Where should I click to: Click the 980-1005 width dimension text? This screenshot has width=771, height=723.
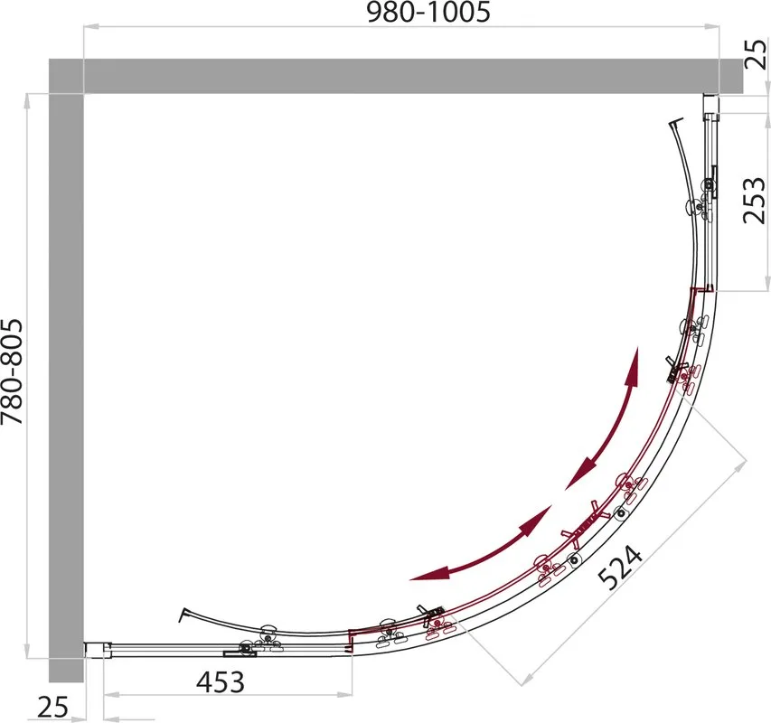tap(428, 13)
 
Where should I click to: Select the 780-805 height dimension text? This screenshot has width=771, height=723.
tap(12, 372)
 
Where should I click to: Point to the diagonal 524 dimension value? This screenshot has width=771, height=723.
tap(621, 567)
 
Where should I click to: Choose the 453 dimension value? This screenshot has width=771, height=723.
tap(221, 681)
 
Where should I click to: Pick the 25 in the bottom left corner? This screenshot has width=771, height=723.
tap(52, 709)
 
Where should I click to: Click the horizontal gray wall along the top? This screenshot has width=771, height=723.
tap(396, 76)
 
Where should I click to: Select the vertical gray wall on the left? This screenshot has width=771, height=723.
tap(66, 388)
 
